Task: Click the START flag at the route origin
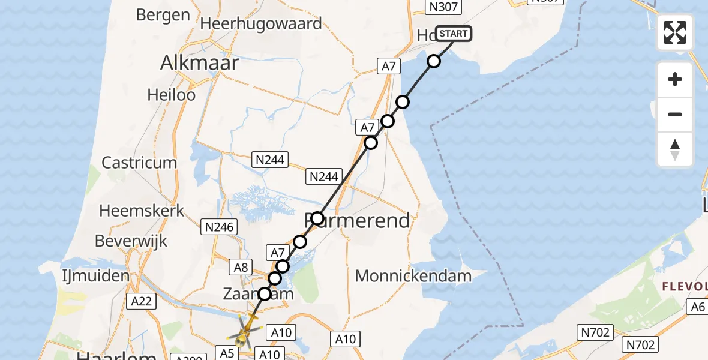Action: (454, 34)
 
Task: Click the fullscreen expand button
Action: (675, 32)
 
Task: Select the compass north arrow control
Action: (675, 149)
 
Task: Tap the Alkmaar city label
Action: (200, 63)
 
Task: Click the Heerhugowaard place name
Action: (262, 23)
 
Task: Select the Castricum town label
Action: (139, 163)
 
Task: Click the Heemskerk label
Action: (142, 211)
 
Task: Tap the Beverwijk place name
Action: (131, 241)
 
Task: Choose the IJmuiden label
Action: (96, 276)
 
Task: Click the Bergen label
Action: (163, 14)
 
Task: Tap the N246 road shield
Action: (220, 227)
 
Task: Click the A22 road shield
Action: (141, 301)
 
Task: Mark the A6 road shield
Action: (697, 307)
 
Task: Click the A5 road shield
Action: (227, 353)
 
